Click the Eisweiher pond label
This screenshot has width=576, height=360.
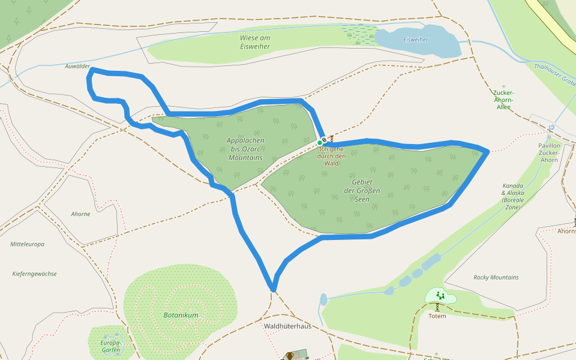(416, 40)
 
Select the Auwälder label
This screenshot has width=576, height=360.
(77, 66)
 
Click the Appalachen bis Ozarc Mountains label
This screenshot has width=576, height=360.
(245, 149)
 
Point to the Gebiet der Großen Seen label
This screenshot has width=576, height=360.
(362, 190)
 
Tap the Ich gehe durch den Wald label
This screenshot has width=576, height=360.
(332, 156)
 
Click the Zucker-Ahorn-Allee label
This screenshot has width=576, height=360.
(503, 100)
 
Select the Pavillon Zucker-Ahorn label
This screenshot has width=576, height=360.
(549, 152)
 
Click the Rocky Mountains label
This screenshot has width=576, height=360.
(496, 277)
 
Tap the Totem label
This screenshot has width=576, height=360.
(437, 316)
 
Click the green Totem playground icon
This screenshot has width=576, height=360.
(440, 295)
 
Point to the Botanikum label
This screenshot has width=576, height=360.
(181, 315)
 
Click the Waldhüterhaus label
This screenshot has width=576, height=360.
(287, 326)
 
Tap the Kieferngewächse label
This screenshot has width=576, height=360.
(34, 274)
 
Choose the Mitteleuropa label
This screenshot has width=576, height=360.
(27, 244)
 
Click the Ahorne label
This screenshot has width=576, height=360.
(80, 214)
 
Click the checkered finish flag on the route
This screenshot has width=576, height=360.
(325, 140)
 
